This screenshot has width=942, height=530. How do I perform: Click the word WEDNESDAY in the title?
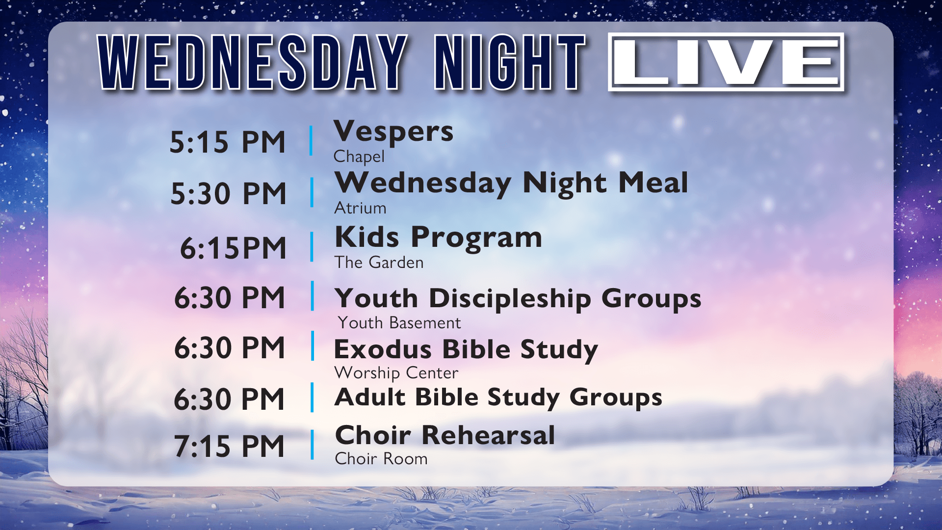253,62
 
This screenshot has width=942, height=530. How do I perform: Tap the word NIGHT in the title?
510,62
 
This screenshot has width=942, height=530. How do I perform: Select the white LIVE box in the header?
726,62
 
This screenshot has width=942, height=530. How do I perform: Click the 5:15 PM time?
227,142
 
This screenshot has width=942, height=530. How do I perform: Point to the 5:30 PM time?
228,193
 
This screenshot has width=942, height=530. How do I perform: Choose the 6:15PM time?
233,248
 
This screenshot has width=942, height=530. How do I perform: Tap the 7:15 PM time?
229,446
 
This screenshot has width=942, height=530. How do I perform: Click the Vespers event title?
393,132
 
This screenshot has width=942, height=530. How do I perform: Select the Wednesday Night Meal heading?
511,183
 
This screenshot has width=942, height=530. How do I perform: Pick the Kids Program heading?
438,238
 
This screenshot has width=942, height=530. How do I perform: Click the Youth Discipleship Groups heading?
518,298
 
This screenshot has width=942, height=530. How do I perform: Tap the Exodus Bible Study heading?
466,350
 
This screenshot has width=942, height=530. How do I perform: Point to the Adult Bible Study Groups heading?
498,397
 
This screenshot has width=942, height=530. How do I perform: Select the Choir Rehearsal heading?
445,435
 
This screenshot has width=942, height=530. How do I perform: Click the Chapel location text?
359,157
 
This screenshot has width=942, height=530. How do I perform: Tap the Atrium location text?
360,208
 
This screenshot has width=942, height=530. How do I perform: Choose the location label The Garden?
379,263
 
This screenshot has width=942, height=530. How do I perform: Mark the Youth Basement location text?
399,323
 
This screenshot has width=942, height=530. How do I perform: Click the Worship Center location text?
396,373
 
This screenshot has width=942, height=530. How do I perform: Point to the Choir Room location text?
381,459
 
